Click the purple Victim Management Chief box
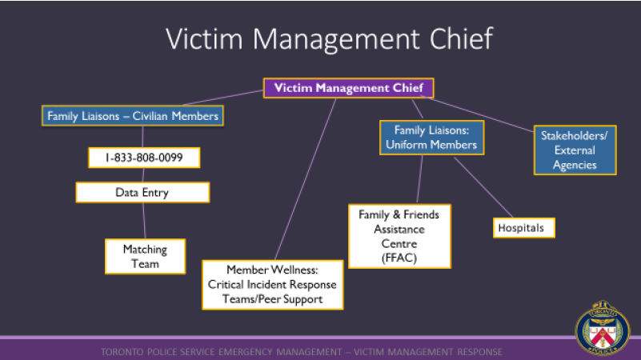[349, 88]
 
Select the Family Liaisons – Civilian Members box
[133, 116]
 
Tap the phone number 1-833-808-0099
[143, 158]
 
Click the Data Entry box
[142, 193]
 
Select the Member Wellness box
[273, 285]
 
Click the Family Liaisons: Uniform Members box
[429, 137]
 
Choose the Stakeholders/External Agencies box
[574, 150]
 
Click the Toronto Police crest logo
[603, 329]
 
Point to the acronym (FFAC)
[399, 258]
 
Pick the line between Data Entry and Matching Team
[144, 221]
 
